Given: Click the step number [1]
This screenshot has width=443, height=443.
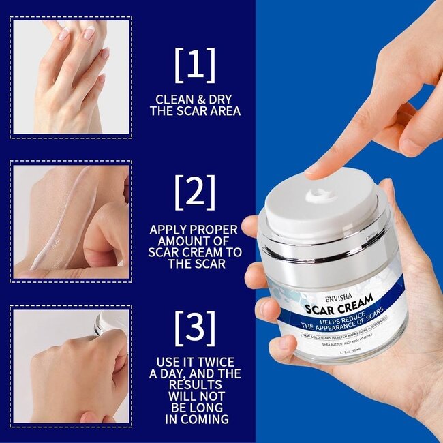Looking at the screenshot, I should pyautogui.click(x=195, y=65).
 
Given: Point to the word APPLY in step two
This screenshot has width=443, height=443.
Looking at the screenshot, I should pyautogui.click(x=170, y=229).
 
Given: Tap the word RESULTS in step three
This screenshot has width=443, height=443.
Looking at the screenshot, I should pyautogui.click(x=195, y=385).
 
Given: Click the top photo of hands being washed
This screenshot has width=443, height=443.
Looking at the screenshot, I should pyautogui.click(x=71, y=76).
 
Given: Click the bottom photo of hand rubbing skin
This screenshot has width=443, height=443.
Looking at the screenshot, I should pyautogui.click(x=71, y=366).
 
